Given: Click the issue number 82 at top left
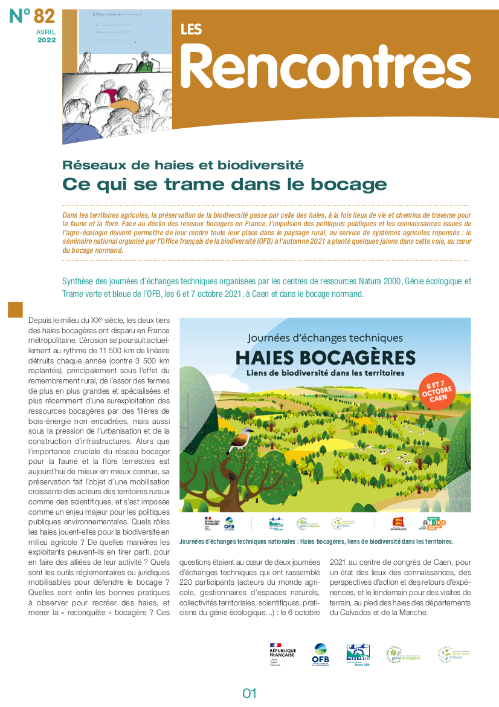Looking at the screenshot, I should (44, 16).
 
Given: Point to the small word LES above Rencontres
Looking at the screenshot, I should (191, 29).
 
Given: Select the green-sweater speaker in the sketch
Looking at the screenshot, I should (145, 60).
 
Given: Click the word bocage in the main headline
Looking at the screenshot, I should (357, 184).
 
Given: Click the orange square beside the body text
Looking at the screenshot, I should (15, 310).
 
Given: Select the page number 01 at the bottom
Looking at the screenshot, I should (249, 693).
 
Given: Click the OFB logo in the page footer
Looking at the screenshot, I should (320, 654).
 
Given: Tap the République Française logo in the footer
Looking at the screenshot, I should (282, 654).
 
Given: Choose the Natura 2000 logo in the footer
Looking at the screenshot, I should (358, 654).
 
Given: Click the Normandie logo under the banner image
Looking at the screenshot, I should (399, 524).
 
